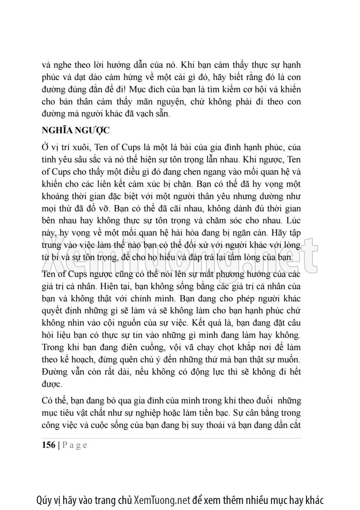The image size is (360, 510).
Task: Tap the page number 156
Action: click(48, 446)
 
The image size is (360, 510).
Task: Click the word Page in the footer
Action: click(74, 446)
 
